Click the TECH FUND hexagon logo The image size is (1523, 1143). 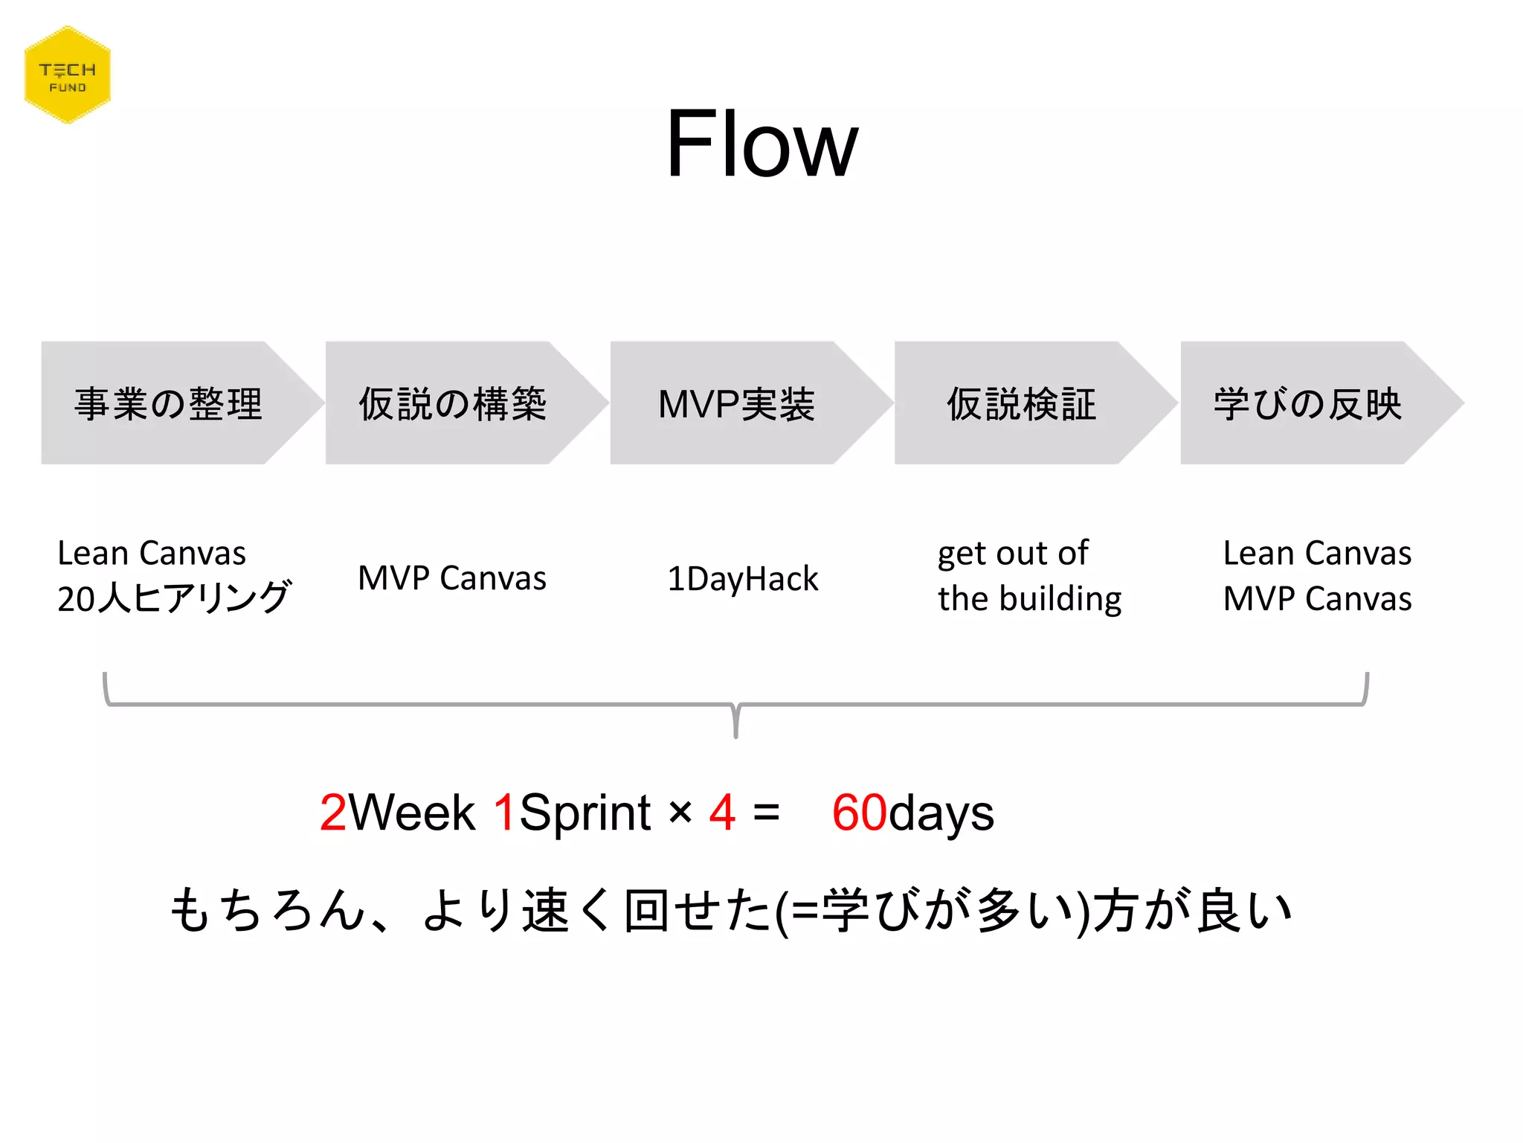pos(68,75)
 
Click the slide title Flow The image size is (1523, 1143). pos(761,144)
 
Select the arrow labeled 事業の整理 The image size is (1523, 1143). pos(170,403)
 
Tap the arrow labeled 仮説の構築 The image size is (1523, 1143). pos(454,403)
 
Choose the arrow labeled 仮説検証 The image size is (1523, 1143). pos(1022,403)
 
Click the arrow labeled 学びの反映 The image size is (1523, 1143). pos(1307,403)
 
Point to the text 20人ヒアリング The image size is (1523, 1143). pos(174,598)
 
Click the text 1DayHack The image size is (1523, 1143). pos(742,579)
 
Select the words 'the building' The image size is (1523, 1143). pos(1029,599)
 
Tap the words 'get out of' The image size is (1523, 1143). pos(1013,554)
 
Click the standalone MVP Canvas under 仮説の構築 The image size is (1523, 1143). pos(452,578)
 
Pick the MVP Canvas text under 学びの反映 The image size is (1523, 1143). pos(1317,599)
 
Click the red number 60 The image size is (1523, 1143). pos(859,813)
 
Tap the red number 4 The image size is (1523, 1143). pos(722,813)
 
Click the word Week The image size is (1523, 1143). pos(412,813)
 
